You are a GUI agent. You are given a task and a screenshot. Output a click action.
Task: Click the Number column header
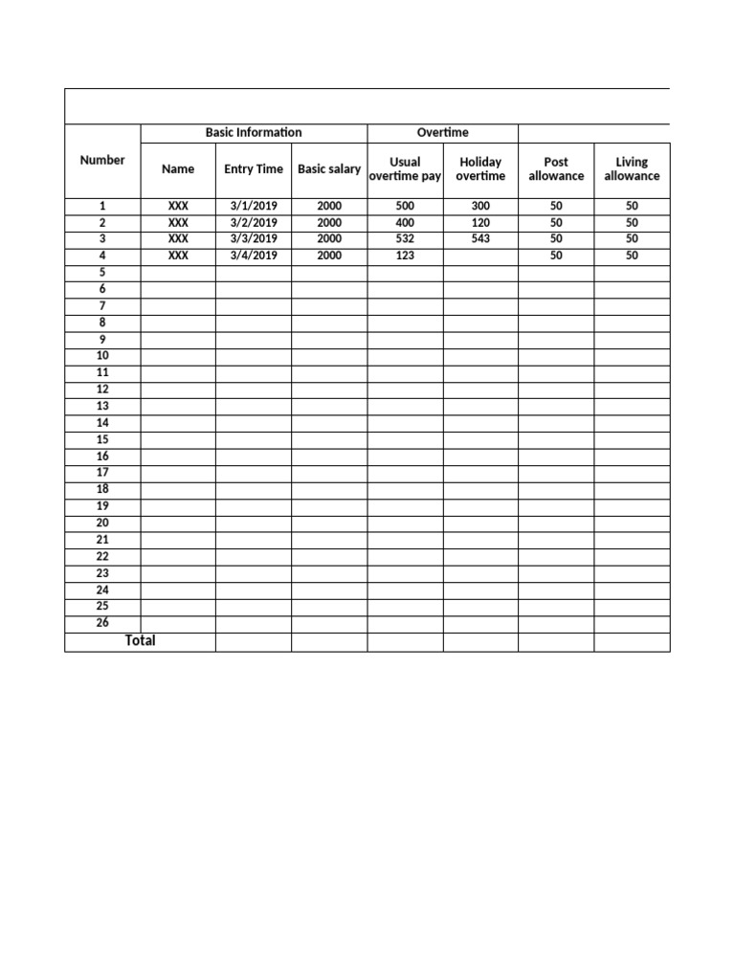[x=102, y=160]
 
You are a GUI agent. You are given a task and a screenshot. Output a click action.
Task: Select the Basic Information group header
[x=254, y=132]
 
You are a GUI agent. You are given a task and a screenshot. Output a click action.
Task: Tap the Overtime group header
[x=442, y=132]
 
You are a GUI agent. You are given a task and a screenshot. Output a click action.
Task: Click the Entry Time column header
[x=254, y=169]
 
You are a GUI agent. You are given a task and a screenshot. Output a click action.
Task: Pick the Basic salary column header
[x=329, y=169]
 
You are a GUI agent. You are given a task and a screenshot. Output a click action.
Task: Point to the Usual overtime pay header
[x=405, y=169]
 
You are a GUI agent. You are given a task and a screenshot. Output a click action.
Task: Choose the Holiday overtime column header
[x=480, y=169]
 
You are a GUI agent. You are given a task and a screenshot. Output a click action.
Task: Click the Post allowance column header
[x=556, y=169]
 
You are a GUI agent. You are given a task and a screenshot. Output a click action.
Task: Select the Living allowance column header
[x=632, y=169]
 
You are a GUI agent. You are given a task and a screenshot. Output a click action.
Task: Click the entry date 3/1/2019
[x=254, y=206]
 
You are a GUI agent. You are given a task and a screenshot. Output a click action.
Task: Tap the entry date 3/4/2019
[x=254, y=256]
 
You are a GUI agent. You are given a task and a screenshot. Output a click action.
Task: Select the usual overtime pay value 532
[x=405, y=238]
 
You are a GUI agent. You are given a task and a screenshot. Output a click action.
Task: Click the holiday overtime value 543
[x=480, y=238]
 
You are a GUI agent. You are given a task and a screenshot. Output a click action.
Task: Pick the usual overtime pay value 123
[x=405, y=256]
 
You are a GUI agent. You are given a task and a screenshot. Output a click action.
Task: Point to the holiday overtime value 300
[x=480, y=206]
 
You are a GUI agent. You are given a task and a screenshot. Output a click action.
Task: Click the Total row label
[x=140, y=640]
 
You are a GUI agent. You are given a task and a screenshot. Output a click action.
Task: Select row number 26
[x=102, y=623]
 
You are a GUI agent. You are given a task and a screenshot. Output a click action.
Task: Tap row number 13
[x=102, y=406]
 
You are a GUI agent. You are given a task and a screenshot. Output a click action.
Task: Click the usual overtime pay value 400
[x=405, y=222]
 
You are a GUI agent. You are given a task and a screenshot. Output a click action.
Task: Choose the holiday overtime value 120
[x=480, y=222]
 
